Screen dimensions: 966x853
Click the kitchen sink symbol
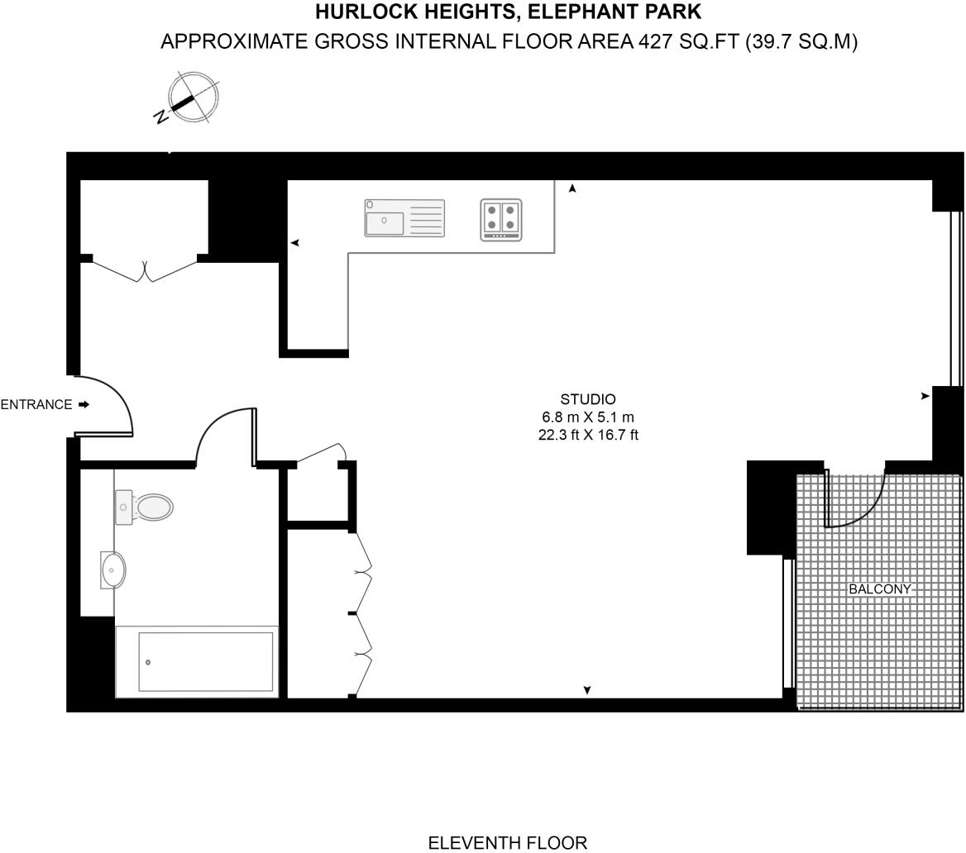404,217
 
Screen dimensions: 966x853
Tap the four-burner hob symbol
501,219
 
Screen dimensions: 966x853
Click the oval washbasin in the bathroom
113,569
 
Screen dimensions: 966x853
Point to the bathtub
197,662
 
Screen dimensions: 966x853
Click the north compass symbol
189,98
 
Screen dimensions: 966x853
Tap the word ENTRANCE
36,405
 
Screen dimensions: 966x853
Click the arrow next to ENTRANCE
84,405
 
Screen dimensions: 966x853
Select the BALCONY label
879,589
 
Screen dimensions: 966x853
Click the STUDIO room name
588,399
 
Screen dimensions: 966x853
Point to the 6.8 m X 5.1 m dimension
588,417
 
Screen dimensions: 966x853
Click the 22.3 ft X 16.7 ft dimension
588,435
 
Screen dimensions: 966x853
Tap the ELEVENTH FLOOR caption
508,842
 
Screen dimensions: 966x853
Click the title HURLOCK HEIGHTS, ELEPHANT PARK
509,12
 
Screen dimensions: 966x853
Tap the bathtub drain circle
148,662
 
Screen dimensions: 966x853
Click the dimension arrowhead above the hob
572,188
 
